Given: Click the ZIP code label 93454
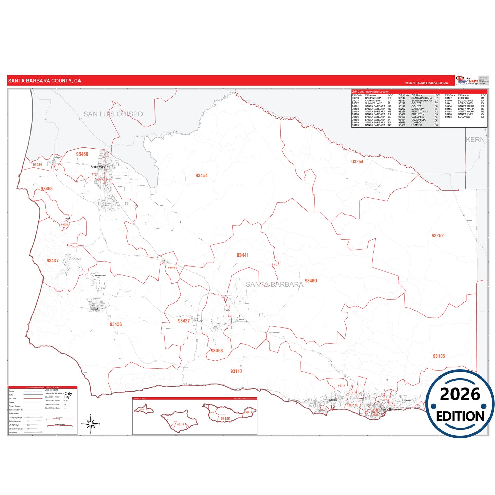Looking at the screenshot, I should pyautogui.click(x=201, y=176).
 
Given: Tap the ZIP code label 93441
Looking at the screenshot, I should pyautogui.click(x=243, y=255).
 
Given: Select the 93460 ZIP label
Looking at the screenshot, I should pyautogui.click(x=311, y=281).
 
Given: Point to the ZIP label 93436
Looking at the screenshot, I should pyautogui.click(x=116, y=324).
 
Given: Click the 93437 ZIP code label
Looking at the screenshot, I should pyautogui.click(x=52, y=261).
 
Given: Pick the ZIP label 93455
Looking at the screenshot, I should pyautogui.click(x=47, y=189).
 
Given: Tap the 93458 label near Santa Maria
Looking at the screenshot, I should pyautogui.click(x=82, y=154).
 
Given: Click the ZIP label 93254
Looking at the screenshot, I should pyautogui.click(x=357, y=162).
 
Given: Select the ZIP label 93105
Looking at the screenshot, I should pyautogui.click(x=439, y=356).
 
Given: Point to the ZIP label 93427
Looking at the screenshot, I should pyautogui.click(x=184, y=321).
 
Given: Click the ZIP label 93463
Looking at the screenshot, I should pyautogui.click(x=217, y=351).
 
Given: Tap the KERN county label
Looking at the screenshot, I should pyautogui.click(x=475, y=140).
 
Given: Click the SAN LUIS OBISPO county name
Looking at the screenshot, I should pyautogui.click(x=113, y=114).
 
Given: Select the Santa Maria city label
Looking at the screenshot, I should pyautogui.click(x=98, y=167).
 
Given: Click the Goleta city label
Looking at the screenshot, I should pyautogui.click(x=333, y=400).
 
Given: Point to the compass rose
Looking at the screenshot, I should pyautogui.click(x=91, y=424).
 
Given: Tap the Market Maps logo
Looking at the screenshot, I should pyautogui.click(x=467, y=81).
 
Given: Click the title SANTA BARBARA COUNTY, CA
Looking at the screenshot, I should pyautogui.click(x=45, y=81).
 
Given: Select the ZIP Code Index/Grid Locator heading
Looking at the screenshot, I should pyautogui.click(x=371, y=92).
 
